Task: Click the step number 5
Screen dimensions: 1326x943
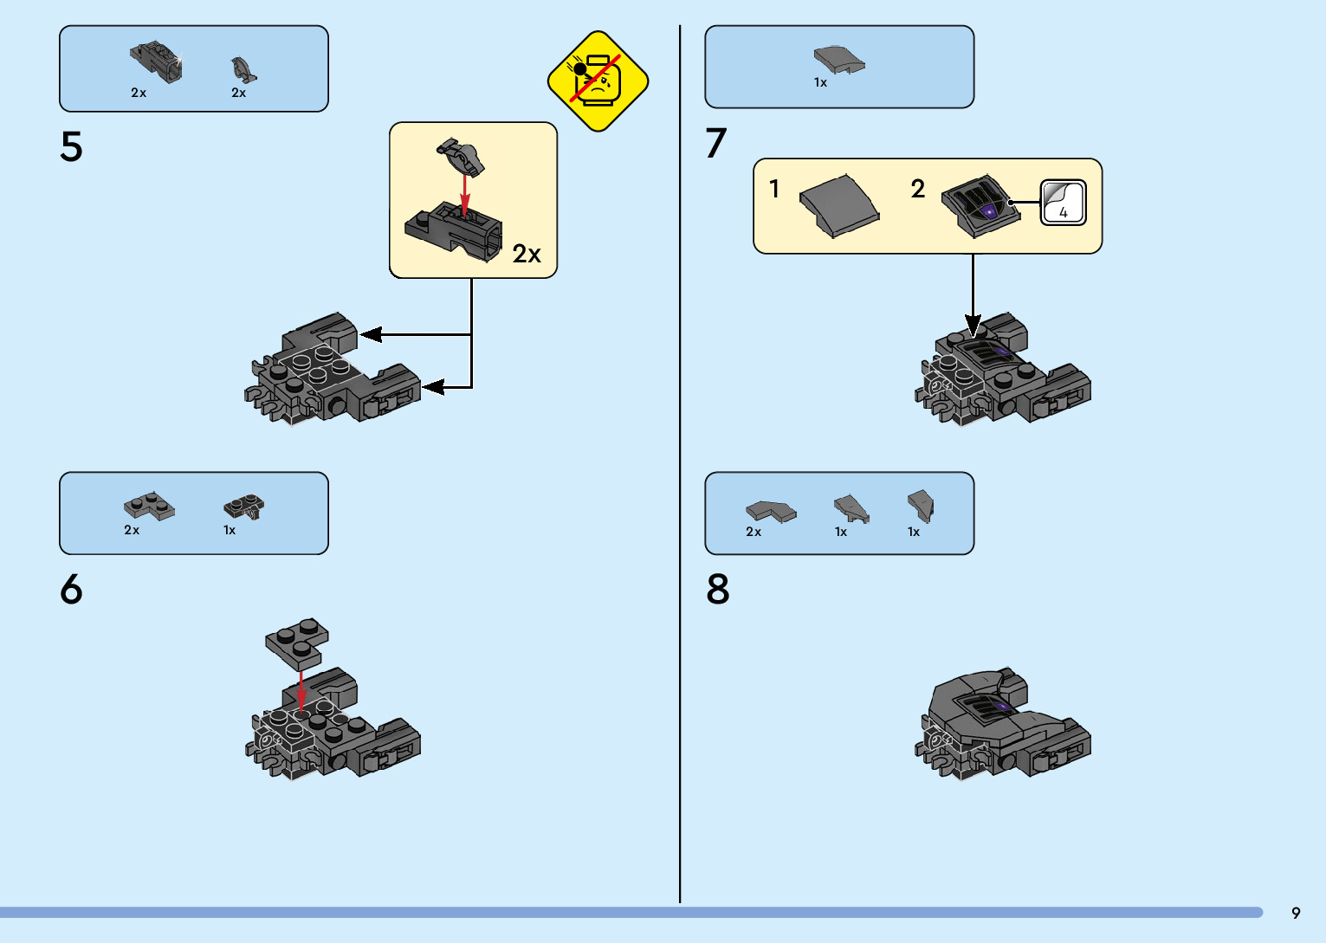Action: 71,147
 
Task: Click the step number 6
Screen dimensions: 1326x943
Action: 71,590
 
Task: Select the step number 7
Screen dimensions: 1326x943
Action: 715,144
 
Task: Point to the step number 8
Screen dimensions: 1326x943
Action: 718,590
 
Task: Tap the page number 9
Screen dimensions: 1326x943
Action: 1296,913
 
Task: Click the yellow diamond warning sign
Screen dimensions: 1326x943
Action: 598,81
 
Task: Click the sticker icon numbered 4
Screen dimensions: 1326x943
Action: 1063,203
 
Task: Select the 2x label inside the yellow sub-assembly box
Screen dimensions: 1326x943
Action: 526,254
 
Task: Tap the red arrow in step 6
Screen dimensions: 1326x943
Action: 301,690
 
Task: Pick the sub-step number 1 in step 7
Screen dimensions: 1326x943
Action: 774,188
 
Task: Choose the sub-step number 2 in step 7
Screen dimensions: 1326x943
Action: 918,188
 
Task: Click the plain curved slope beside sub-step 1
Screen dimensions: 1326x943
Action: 838,205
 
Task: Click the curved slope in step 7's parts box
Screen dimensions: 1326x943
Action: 838,60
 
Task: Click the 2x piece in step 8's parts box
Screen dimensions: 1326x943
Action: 770,512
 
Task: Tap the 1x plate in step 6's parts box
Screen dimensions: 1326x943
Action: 243,507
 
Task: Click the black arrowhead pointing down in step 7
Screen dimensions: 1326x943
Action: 973,326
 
